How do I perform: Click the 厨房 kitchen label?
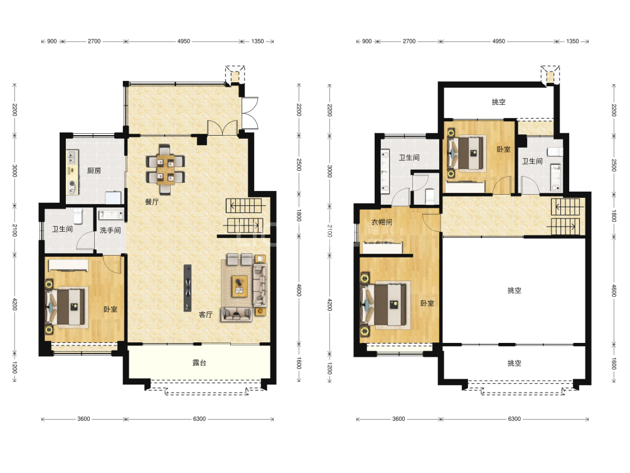[x=94, y=171]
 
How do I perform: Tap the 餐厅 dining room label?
[x=152, y=202]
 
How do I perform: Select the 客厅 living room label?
[x=206, y=315]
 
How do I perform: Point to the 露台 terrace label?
[x=200, y=363]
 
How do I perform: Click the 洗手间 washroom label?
[x=110, y=230]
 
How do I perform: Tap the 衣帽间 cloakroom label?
[x=382, y=222]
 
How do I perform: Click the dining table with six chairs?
[x=166, y=170]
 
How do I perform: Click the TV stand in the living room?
[x=188, y=288]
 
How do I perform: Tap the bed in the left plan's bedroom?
[x=67, y=307]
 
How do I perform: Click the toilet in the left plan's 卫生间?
[x=78, y=215]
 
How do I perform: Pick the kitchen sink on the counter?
[x=72, y=156]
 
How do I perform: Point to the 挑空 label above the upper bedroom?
[x=499, y=102]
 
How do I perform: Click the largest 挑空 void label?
[x=515, y=290]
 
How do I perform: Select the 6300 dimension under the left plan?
[x=200, y=419]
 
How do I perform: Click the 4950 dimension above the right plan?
[x=499, y=41]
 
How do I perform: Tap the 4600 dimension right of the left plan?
[x=299, y=290]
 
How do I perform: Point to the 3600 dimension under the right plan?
[x=398, y=419]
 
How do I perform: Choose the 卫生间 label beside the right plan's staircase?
[x=532, y=161]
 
